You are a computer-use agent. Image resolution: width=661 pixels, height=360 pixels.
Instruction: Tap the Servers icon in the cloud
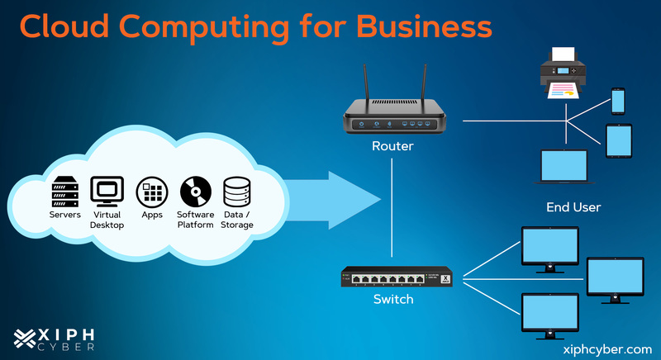point(65,191)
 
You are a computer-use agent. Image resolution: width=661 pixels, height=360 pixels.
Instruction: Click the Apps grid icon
point(152,192)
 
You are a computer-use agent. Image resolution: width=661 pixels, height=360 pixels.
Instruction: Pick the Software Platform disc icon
point(196,192)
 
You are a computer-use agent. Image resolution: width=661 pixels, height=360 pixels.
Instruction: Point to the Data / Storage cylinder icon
point(236,192)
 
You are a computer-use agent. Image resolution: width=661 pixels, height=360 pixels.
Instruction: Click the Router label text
point(392,147)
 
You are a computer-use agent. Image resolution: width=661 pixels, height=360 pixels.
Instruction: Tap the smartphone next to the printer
point(617,100)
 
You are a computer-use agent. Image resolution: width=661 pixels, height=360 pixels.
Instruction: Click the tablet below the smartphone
point(618,140)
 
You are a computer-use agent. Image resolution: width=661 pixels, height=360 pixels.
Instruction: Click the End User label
point(573,206)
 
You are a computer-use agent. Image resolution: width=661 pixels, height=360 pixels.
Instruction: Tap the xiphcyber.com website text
point(606,349)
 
